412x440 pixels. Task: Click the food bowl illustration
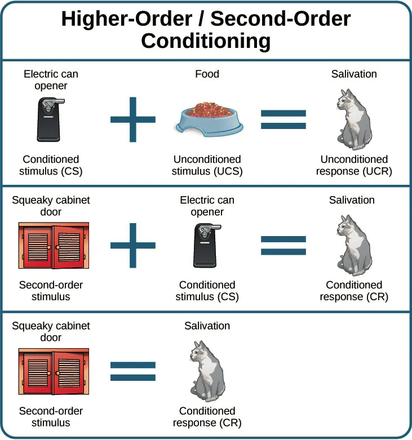click(210, 119)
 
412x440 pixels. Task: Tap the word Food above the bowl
click(207, 74)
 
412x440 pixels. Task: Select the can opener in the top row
click(51, 119)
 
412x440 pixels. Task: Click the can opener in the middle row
click(207, 245)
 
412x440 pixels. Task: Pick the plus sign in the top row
click(133, 119)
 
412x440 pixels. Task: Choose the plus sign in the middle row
click(133, 246)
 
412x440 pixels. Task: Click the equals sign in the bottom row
click(133, 371)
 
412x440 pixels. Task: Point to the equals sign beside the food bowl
click(283, 119)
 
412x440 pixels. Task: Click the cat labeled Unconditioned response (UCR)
click(354, 119)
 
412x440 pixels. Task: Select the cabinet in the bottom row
click(54, 371)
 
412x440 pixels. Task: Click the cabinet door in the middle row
click(54, 246)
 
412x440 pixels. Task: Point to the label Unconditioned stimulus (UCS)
click(207, 165)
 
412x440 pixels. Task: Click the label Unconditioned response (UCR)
click(354, 165)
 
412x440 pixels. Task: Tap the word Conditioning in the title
click(206, 41)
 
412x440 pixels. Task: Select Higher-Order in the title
click(127, 19)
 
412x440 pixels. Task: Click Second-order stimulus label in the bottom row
click(51, 417)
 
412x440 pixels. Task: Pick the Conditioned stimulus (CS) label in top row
click(51, 165)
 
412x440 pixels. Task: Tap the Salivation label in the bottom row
click(207, 326)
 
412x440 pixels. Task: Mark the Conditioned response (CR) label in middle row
click(354, 291)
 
